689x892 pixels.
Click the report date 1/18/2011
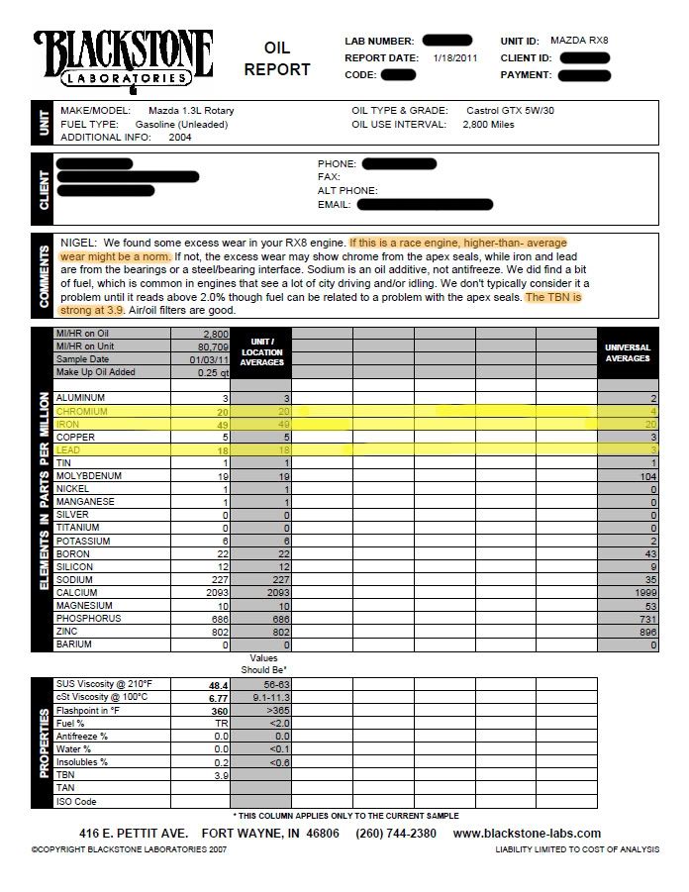[x=454, y=57]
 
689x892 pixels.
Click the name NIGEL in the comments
[x=77, y=243]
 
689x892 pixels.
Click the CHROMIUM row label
[x=82, y=411]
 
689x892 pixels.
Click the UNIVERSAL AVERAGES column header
[x=627, y=352]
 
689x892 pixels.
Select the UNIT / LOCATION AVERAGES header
[x=261, y=352]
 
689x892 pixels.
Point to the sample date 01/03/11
[x=213, y=359]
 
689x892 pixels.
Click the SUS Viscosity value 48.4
[x=218, y=685]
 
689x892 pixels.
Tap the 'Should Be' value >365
[x=263, y=711]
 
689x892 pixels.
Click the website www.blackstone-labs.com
[x=527, y=834]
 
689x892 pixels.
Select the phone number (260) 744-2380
[x=395, y=834]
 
